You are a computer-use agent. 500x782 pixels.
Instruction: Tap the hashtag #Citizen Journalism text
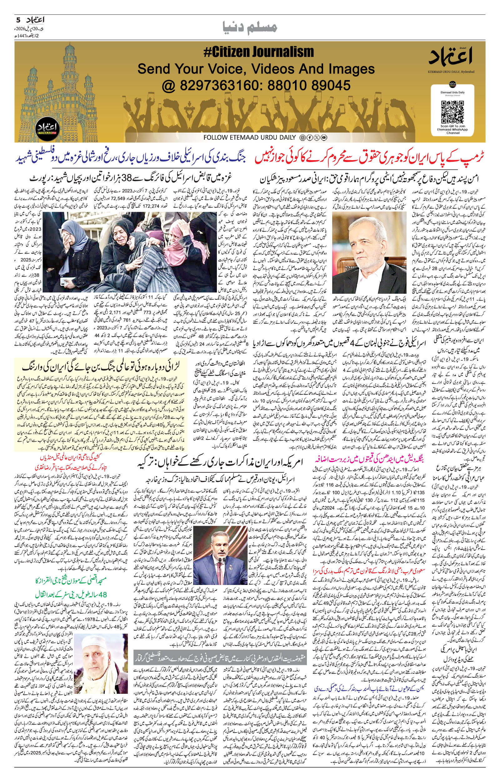258,52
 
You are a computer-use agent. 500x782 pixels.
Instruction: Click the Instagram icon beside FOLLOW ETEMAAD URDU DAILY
302,138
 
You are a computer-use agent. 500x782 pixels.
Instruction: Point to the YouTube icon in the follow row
324,138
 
